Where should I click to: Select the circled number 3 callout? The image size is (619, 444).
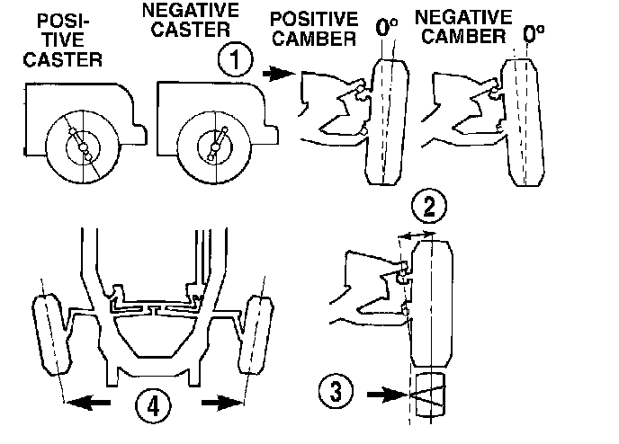click(x=334, y=391)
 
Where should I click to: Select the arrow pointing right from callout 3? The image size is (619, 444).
click(x=382, y=392)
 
